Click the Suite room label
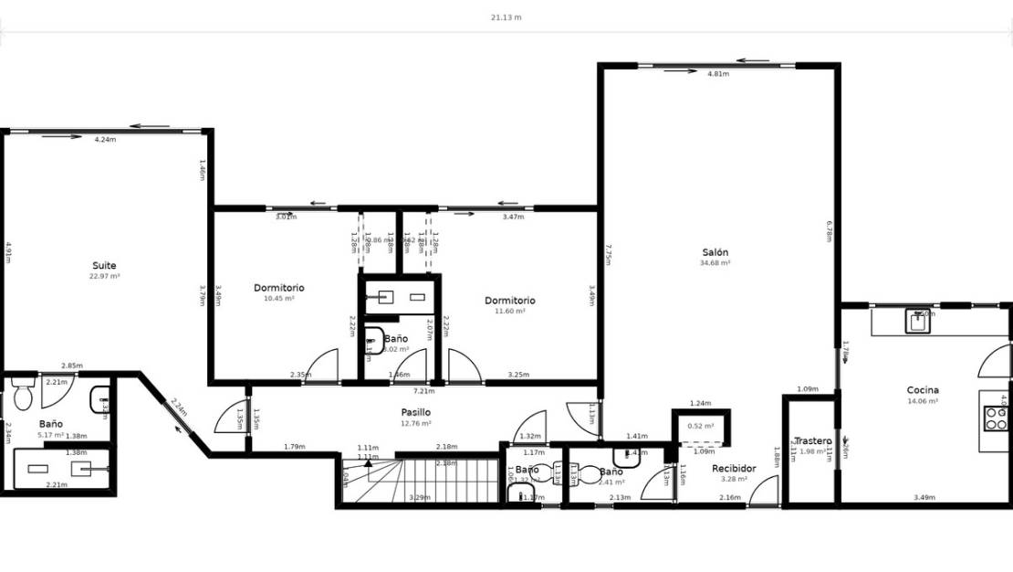(104, 266)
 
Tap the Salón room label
(715, 252)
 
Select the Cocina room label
(923, 390)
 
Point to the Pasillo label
(415, 412)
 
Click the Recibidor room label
(735, 469)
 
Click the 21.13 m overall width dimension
(506, 17)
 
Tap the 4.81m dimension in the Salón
(717, 74)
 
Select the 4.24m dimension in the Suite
(105, 140)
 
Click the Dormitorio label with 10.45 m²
(278, 288)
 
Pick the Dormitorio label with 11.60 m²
(509, 301)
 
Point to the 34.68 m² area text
(715, 263)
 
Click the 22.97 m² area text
(104, 276)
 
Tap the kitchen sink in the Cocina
(917, 321)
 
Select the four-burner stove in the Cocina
(995, 418)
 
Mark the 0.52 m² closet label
(700, 426)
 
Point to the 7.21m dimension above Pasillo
(425, 391)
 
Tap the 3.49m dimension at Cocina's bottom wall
(924, 498)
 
